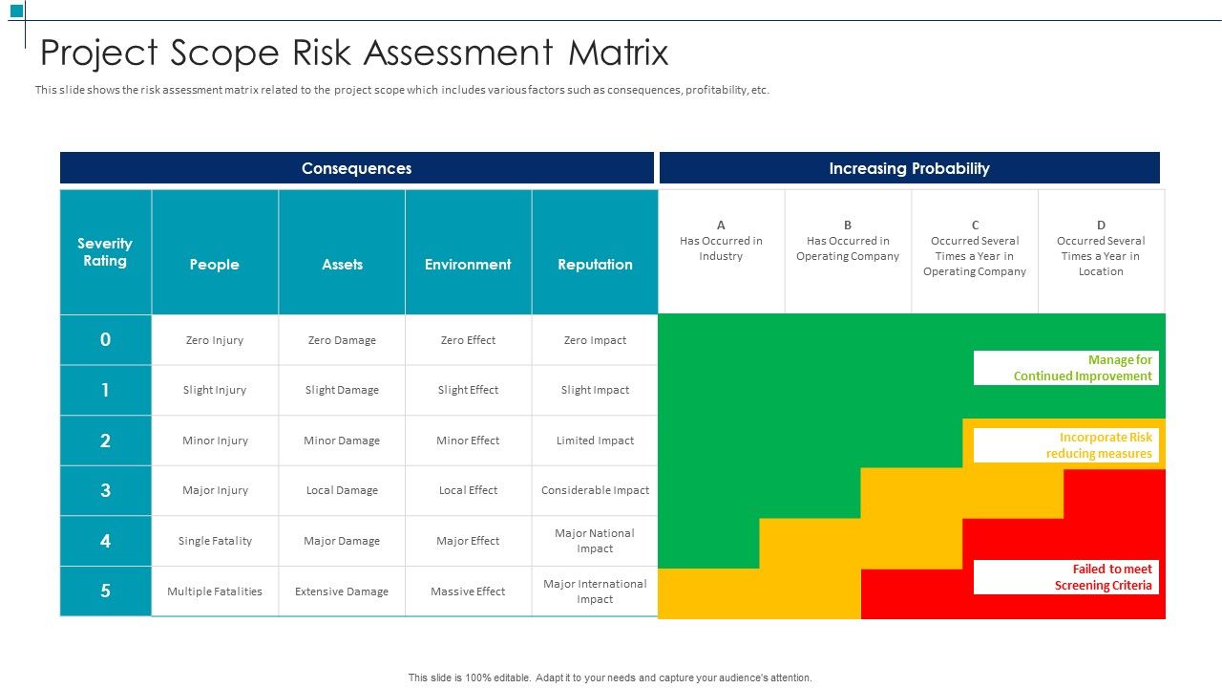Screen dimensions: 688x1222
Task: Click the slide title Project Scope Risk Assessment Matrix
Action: coord(354,53)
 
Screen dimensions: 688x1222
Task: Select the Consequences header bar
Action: coord(356,168)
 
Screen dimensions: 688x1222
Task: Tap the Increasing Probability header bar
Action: coord(909,168)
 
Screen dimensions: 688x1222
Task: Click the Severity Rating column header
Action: coord(105,252)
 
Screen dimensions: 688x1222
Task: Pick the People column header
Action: coord(214,265)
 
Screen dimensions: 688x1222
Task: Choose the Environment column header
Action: coord(468,265)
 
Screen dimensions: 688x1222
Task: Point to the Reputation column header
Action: coord(595,265)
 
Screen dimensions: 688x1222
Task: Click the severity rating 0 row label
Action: coord(105,339)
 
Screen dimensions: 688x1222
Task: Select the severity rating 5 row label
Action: coord(105,591)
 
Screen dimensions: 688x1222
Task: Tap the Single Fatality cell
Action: coord(215,541)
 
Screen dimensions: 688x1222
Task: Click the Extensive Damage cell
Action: coord(342,591)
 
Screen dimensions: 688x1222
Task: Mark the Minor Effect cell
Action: coord(468,441)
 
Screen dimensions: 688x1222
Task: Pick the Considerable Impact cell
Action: coord(595,490)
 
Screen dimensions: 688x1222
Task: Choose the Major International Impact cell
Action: coord(595,591)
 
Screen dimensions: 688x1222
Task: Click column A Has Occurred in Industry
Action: coord(721,248)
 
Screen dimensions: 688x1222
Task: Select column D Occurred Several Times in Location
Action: coord(1101,248)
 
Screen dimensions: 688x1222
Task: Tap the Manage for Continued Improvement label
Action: coord(1066,368)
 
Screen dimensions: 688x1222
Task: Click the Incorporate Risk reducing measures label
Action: coord(1066,445)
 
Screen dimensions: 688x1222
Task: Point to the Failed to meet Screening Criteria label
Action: coord(1066,577)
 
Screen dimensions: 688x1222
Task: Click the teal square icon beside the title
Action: coord(16,11)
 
